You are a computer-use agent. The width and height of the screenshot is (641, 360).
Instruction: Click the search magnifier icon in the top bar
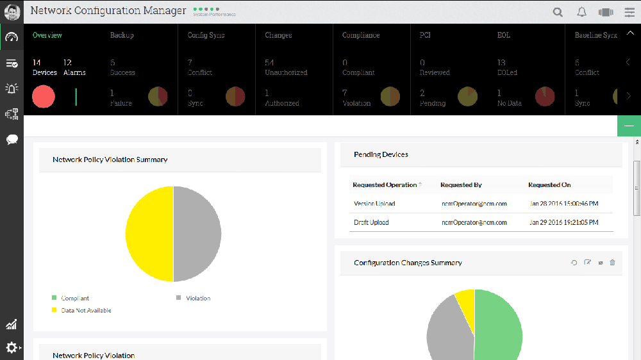pos(558,12)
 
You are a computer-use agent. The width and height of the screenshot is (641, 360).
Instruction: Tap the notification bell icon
pos(582,12)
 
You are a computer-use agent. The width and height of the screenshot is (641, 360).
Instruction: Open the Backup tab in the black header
pos(122,35)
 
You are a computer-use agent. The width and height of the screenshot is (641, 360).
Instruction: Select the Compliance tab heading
pos(361,35)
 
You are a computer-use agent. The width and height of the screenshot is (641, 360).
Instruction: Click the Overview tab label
pos(47,35)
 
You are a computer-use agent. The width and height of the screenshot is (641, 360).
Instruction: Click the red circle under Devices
pos(44,97)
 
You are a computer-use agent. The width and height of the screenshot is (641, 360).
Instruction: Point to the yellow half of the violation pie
pos(149,234)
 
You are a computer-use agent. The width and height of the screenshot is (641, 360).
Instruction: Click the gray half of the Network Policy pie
pos(197,234)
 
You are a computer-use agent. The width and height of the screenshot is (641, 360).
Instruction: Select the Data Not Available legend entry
pos(86,311)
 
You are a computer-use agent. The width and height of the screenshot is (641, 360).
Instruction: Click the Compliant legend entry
pos(75,299)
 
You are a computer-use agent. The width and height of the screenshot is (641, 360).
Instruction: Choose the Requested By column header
pos(461,185)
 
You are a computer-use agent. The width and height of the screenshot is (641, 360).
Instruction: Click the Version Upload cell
pos(374,204)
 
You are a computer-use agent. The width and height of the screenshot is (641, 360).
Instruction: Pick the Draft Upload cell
pos(371,223)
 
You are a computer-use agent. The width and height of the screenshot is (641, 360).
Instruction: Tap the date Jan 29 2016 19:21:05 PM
pos(564,223)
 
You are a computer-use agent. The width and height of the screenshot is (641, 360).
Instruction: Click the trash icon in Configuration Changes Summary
pos(613,263)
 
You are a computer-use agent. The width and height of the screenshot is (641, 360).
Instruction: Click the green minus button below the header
pos(629,126)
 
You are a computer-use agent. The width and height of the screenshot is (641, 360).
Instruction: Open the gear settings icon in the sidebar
pos(12,348)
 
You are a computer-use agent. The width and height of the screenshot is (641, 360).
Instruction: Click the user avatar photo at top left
pos(12,12)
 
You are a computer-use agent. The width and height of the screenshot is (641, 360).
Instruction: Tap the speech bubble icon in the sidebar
pos(12,139)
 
